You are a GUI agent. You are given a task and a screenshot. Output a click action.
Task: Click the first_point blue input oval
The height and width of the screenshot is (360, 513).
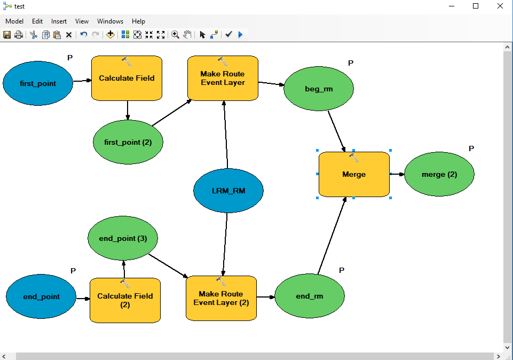[37, 83]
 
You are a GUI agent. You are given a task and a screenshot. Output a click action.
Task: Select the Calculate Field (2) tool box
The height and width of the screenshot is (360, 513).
[125, 300]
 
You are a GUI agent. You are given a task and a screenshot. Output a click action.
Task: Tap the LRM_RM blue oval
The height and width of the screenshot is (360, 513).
[228, 191]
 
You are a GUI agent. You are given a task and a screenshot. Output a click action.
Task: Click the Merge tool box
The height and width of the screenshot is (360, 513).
[354, 174]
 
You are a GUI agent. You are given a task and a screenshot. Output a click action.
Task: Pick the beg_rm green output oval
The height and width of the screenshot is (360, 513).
[319, 89]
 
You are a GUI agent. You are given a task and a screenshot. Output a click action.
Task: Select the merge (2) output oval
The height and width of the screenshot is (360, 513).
[439, 174]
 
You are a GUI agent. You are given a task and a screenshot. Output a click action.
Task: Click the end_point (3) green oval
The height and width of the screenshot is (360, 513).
[123, 238]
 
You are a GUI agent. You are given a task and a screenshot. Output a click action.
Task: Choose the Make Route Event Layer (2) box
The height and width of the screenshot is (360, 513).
[221, 298]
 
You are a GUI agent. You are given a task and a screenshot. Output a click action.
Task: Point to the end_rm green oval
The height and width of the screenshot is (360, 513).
[310, 296]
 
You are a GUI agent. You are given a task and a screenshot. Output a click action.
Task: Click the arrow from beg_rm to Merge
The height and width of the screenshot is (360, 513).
[337, 131]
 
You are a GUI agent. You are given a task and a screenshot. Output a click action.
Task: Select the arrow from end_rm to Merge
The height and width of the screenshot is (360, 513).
[332, 236]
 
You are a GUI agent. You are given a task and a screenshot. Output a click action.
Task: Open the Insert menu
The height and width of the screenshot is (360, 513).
[59, 21]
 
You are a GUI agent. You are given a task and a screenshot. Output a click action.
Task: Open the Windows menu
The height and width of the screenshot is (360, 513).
[111, 21]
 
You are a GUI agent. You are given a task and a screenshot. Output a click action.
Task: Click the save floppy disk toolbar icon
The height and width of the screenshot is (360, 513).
[7, 35]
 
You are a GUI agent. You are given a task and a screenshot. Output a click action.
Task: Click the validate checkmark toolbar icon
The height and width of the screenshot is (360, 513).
[228, 34]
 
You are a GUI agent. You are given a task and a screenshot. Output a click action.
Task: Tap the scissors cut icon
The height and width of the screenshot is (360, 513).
[34, 35]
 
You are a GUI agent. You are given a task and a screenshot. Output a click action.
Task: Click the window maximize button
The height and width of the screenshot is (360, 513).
[476, 6]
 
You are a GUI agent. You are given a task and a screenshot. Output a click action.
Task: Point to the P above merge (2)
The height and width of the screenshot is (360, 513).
[471, 148]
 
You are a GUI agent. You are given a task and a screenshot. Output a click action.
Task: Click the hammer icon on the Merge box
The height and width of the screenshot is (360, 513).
[354, 158]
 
